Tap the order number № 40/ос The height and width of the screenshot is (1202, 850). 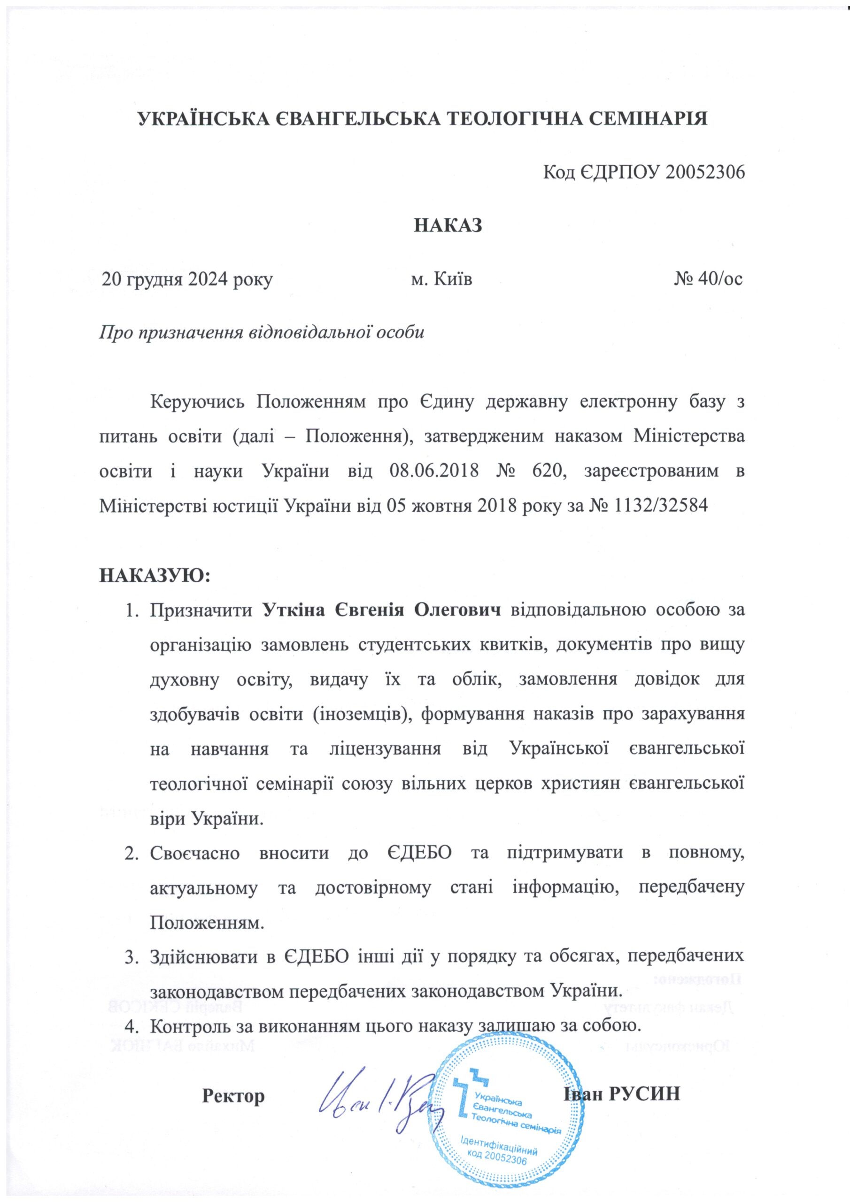click(x=708, y=279)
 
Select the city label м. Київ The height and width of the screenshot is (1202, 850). click(x=441, y=279)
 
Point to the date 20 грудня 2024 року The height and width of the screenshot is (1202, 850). click(x=187, y=279)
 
